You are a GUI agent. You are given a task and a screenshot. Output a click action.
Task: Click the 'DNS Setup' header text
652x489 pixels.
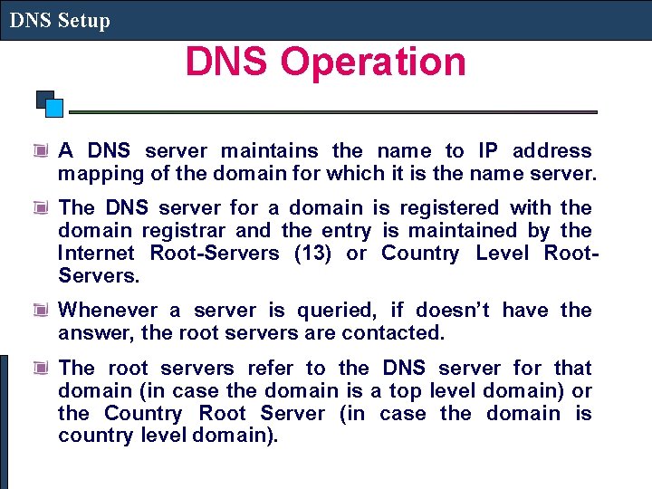(60, 21)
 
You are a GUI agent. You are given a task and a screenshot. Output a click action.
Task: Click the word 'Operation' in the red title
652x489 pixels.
(373, 62)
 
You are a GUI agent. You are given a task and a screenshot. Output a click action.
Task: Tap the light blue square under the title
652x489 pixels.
(54, 108)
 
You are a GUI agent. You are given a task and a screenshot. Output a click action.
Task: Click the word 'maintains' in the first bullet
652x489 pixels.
(270, 151)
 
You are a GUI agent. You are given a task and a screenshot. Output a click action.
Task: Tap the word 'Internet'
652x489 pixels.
(97, 254)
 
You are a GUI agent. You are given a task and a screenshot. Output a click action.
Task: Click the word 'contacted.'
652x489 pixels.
(394, 333)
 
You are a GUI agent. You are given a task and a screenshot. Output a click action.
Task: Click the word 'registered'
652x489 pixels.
(440, 208)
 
